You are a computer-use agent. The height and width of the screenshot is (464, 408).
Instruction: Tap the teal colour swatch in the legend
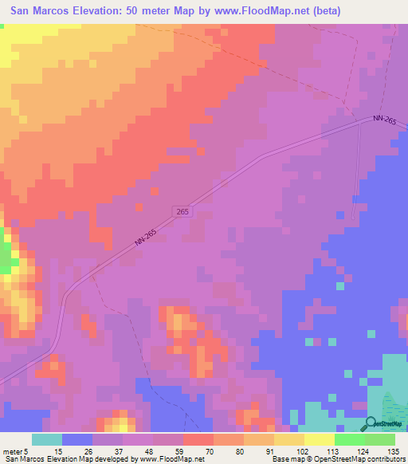click(x=46, y=439)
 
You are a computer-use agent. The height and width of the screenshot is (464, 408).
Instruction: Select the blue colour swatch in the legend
click(x=76, y=439)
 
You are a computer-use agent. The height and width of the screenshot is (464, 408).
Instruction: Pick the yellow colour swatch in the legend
click(x=320, y=439)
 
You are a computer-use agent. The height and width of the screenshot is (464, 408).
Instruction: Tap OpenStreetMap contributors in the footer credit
click(x=363, y=460)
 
